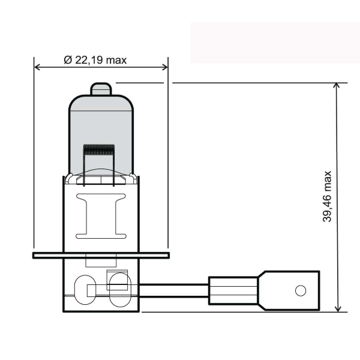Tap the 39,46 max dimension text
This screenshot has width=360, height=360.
pos(327,197)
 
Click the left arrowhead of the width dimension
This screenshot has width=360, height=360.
pos(38,66)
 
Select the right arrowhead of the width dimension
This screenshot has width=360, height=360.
pos(165,66)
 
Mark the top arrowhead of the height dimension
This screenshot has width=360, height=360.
pos(338,86)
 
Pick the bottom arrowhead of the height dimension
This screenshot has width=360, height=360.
pos(338,308)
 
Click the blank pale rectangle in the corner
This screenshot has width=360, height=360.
pos(274,43)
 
